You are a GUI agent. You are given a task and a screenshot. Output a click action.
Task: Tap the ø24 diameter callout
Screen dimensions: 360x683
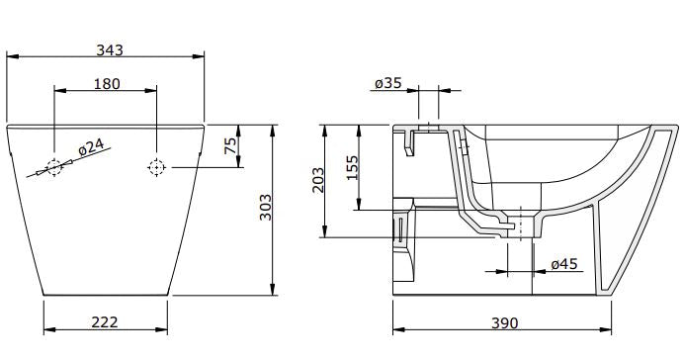click(x=91, y=147)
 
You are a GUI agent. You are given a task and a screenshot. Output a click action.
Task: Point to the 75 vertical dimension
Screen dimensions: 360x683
click(x=229, y=145)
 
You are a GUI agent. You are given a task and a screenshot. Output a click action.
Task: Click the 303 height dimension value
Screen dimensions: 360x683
click(x=265, y=209)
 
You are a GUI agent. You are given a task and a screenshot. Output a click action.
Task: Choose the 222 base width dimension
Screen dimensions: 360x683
click(x=105, y=322)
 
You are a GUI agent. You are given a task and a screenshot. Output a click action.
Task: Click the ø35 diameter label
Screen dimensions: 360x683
click(x=388, y=84)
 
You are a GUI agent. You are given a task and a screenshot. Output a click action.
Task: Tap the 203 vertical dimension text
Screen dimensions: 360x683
click(x=318, y=181)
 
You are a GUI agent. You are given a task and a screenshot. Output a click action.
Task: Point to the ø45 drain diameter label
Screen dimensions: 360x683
click(x=563, y=264)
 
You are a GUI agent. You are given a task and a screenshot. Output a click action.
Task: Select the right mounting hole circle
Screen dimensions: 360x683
click(x=155, y=168)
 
